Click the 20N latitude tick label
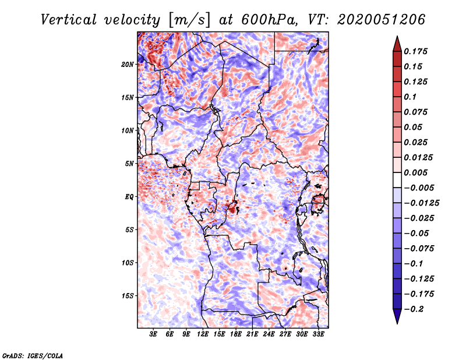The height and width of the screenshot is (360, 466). tap(128, 64)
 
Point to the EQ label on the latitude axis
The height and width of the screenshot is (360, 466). tap(130, 197)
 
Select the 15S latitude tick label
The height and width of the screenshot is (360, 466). tap(128, 296)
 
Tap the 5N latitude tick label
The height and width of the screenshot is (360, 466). tap(129, 164)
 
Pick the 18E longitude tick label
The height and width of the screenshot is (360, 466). tap(236, 335)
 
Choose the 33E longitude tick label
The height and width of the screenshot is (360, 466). tap(319, 335)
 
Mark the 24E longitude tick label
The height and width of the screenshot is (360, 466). tap(269, 335)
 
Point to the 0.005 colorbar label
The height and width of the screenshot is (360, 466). tap(417, 172)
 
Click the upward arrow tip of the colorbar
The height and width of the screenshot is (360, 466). tap(397, 38)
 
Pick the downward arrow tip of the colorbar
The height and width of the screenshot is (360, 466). tap(397, 322)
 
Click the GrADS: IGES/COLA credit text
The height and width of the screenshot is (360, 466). tap(33, 355)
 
